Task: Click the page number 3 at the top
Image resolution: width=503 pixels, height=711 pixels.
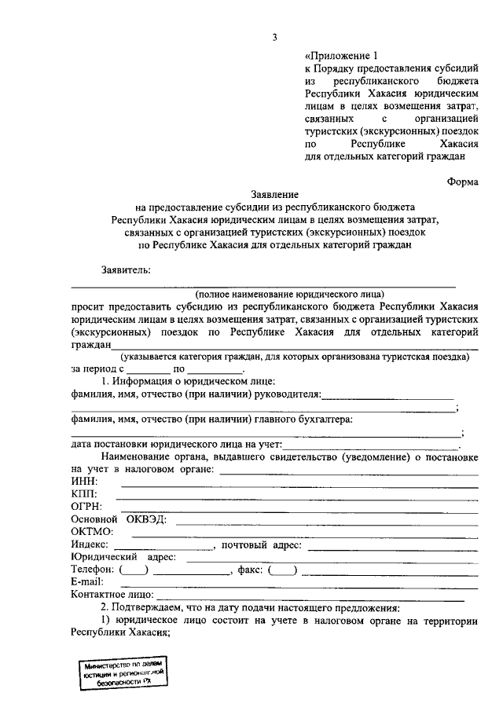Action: coord(275,37)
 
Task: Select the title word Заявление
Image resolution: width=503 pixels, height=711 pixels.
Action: coord(274,192)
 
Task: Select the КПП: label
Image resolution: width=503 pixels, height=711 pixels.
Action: coord(84,493)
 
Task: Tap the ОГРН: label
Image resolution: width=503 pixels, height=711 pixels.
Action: coord(86,506)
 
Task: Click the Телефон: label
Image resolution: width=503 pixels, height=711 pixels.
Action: coord(94,569)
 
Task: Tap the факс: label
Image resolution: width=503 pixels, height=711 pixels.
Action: coord(249,569)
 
